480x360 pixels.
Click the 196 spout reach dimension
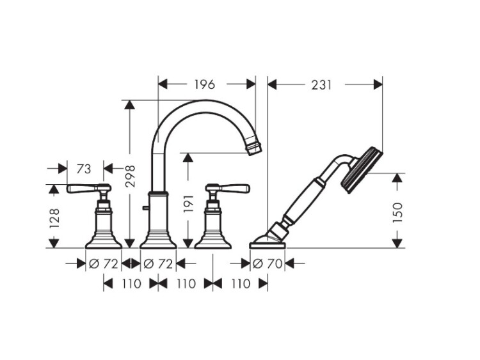click(x=205, y=84)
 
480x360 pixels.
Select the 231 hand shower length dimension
click(x=321, y=85)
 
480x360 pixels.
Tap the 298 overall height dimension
click(x=130, y=176)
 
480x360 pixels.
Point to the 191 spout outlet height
click(x=188, y=203)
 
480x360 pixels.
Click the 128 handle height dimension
click(x=54, y=218)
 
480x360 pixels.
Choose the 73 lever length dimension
click(x=84, y=169)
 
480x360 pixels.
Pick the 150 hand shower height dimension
click(x=398, y=212)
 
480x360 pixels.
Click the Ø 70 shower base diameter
click(x=268, y=263)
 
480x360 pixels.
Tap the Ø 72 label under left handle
click(x=103, y=263)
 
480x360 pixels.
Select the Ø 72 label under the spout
click(x=158, y=263)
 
